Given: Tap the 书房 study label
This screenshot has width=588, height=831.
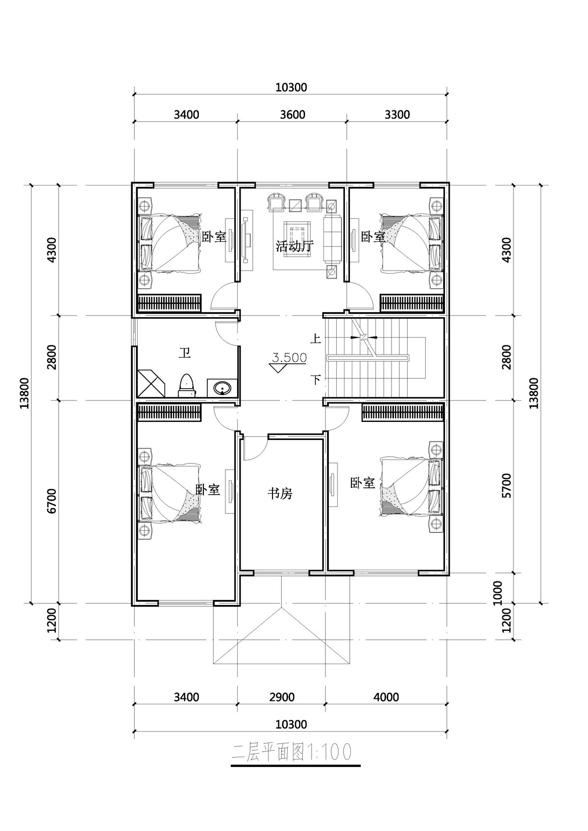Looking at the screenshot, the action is pos(280,493).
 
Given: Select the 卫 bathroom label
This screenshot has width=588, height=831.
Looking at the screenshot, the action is pos(185,353).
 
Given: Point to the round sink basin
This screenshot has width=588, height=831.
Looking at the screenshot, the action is pos(222,389).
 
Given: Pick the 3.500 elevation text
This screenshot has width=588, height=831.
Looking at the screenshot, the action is pos(290,358).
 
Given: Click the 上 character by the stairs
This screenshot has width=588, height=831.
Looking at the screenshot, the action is pos(316,339).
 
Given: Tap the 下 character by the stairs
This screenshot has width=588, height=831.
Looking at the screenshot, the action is pos(316,379).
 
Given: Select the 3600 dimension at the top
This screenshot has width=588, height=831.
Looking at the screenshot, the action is pos(293,114).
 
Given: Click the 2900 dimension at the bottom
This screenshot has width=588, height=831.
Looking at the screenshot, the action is pos(282,697).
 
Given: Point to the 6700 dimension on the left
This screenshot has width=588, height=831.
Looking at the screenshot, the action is pos(51,501).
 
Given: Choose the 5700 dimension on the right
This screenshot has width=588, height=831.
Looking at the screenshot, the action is pos(506,485).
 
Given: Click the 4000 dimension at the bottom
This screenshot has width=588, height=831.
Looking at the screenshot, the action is pos(386,697).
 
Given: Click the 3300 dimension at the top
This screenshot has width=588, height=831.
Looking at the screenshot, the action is pos(397,114).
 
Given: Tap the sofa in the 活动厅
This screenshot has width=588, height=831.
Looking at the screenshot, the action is pos(333,238).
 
